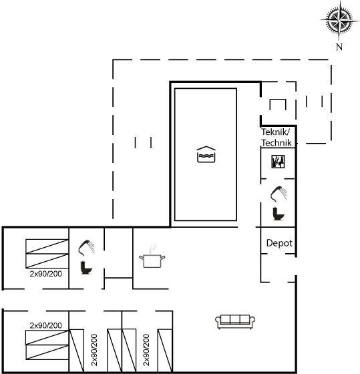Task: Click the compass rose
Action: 339,20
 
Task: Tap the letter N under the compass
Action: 339,47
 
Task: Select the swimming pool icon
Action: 206,154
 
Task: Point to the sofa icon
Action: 235,321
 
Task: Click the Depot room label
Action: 279,243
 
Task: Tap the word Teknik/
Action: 276,132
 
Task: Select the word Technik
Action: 277,143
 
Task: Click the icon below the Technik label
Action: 278,162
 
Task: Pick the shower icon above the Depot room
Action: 279,194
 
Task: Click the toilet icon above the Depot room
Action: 279,214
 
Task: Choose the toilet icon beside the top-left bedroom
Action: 86,268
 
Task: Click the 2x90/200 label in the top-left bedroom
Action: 46,274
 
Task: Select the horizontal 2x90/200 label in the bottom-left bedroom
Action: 46,325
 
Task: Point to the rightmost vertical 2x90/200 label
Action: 146,350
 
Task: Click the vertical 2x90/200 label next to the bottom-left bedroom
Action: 94,350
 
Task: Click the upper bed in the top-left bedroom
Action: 47,246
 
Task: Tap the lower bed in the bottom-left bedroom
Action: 47,352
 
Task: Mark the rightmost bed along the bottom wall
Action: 165,351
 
